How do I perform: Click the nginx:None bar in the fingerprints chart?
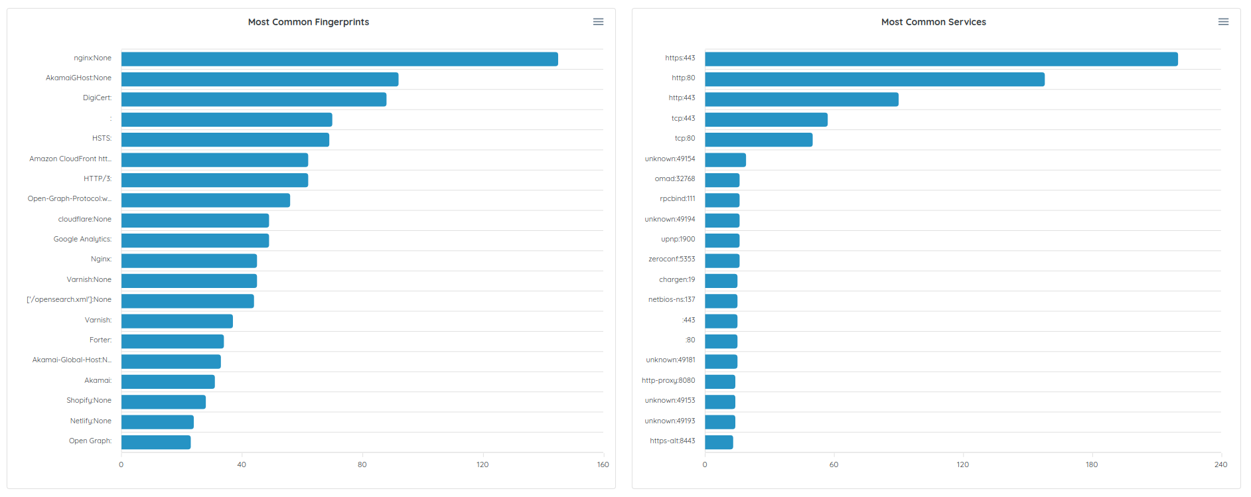click(x=339, y=59)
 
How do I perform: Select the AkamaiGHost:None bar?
click(x=259, y=80)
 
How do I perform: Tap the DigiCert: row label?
click(x=97, y=98)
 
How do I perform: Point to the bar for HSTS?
click(x=225, y=140)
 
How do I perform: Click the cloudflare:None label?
click(x=84, y=219)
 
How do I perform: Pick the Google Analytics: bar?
click(x=195, y=241)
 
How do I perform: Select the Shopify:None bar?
click(x=163, y=402)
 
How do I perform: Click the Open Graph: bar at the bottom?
click(x=156, y=443)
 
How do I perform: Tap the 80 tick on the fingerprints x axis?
click(x=362, y=464)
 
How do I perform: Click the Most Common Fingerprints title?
click(x=309, y=22)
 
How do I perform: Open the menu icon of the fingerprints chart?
click(x=598, y=22)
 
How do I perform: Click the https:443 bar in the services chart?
click(x=941, y=59)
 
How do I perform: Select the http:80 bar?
click(x=874, y=80)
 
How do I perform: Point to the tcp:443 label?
click(x=683, y=119)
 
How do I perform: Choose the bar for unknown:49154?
click(x=725, y=160)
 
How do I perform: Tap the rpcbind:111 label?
click(x=677, y=199)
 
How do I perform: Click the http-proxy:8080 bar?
click(x=719, y=382)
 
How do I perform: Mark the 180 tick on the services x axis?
click(x=1092, y=464)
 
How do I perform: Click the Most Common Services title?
click(x=933, y=22)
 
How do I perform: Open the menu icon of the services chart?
click(x=1223, y=22)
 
